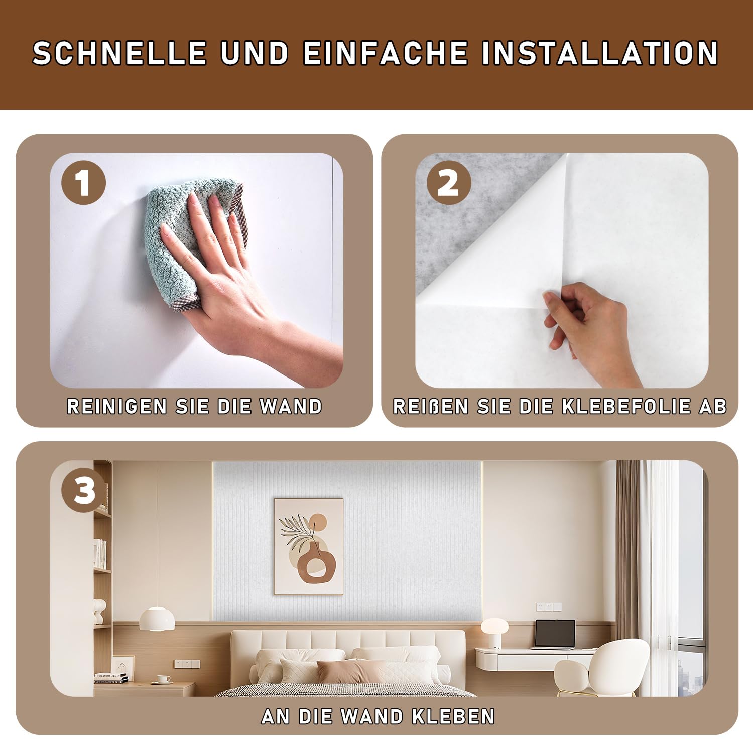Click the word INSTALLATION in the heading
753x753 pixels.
(600, 53)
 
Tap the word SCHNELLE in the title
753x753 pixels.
(120, 53)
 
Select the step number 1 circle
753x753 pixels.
(83, 183)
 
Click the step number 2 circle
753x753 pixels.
(449, 183)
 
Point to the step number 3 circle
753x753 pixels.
(83, 490)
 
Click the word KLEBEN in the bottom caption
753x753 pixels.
(453, 716)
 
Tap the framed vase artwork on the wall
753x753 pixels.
(309, 547)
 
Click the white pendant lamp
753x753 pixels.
(157, 618)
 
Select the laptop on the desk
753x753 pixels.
(554, 635)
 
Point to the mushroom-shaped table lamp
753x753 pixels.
(494, 633)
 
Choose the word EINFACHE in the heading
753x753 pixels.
(385, 53)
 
